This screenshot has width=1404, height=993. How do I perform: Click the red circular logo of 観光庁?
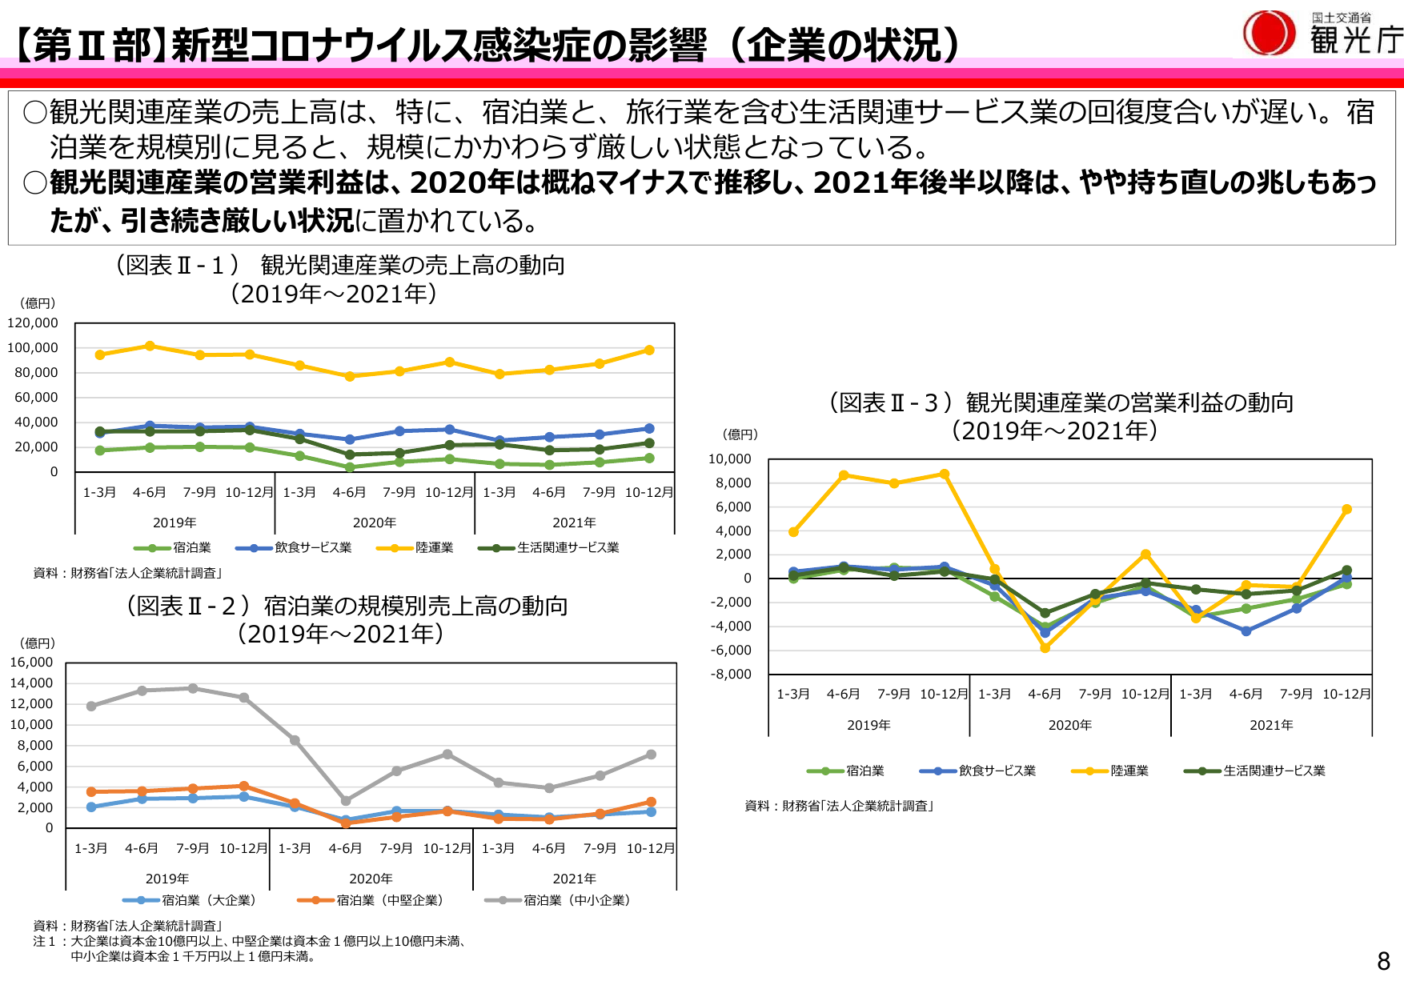[x=1269, y=34]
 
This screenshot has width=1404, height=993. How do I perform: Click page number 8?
[x=1383, y=961]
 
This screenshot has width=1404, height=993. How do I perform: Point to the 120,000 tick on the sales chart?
[x=33, y=323]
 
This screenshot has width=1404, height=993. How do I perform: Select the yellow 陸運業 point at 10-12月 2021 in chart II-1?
[x=649, y=350]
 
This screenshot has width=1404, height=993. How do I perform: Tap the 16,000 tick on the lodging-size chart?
[x=31, y=663]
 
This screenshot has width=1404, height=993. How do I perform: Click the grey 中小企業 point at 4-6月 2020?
[x=346, y=800]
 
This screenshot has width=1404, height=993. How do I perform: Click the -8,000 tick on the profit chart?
[x=731, y=675]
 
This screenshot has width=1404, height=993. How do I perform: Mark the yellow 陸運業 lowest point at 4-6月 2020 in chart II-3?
[x=1045, y=648]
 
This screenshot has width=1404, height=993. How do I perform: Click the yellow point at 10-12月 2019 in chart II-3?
[x=945, y=474]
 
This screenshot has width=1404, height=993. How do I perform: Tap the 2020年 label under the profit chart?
[x=1069, y=726]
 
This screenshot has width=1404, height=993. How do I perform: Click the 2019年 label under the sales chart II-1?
[x=174, y=523]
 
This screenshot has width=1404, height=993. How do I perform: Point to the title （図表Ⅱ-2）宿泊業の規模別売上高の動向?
[x=347, y=607]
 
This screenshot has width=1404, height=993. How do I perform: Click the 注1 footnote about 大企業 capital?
[x=248, y=942]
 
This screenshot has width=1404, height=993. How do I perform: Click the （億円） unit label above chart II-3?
[x=740, y=434]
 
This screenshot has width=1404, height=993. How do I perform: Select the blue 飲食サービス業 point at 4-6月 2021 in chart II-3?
[x=1246, y=631]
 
